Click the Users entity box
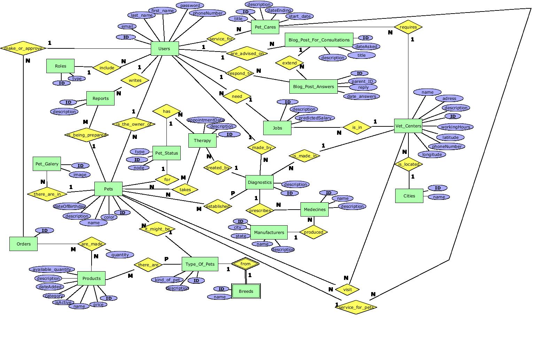tap(165, 49)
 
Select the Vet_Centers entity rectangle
tap(408, 126)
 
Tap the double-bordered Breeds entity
tap(246, 291)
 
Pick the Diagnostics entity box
tap(259, 182)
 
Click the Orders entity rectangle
tap(23, 244)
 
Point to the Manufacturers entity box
tap(269, 233)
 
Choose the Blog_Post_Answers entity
tap(313, 87)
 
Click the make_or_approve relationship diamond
tap(23, 48)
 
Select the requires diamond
tap(408, 27)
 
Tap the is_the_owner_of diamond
tap(134, 124)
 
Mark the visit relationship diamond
tap(347, 289)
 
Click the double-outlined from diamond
tap(245, 264)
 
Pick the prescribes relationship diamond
tap(260, 211)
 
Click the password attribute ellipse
tap(190, 6)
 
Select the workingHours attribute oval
tap(455, 127)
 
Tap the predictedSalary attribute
tap(315, 118)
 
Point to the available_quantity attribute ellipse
tap(52, 269)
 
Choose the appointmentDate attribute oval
tap(206, 120)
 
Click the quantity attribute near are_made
tap(120, 255)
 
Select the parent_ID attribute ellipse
tap(362, 81)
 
